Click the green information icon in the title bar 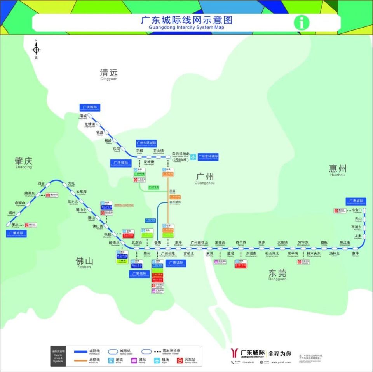click(x=302, y=22)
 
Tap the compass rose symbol click(x=37, y=49)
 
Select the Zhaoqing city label click(x=24, y=162)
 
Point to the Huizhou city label click(x=337, y=169)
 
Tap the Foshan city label click(x=84, y=261)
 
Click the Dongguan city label click(x=277, y=273)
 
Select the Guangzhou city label click(x=204, y=177)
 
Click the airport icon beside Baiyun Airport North click(x=193, y=157)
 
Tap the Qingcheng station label click(x=83, y=116)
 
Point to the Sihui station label click(x=41, y=183)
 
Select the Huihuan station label click(x=356, y=254)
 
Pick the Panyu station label click(x=157, y=243)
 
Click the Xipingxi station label click(x=241, y=243)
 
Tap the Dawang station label click(x=71, y=183)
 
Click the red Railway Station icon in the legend click(x=180, y=360)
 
